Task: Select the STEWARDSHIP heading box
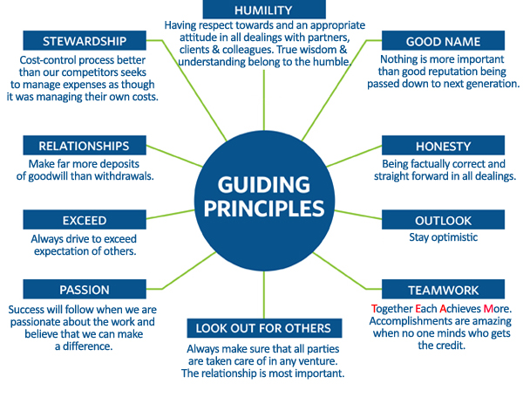tap(85, 40)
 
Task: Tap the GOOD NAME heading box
tap(442, 41)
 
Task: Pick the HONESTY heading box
tap(442, 147)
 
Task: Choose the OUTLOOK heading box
tap(442, 220)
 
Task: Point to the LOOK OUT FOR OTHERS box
tap(262, 328)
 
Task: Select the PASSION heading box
tap(84, 290)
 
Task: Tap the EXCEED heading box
tap(84, 220)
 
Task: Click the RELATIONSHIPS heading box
tap(84, 147)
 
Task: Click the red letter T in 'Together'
tap(375, 309)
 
